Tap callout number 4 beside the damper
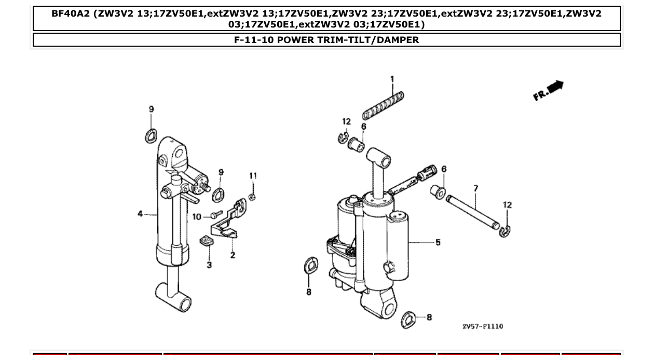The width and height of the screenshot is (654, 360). (x=140, y=214)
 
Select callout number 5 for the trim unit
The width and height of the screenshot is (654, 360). (x=438, y=242)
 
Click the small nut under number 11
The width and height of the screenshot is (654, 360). (x=251, y=196)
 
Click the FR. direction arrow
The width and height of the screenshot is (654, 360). (x=549, y=91)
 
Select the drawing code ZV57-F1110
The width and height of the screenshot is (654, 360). (x=482, y=326)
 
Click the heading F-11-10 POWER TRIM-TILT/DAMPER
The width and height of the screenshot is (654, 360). (x=326, y=40)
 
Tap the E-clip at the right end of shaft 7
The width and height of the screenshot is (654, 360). (x=506, y=231)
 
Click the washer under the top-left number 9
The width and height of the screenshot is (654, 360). (x=151, y=136)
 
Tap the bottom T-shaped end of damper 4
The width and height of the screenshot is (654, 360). (x=173, y=297)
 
